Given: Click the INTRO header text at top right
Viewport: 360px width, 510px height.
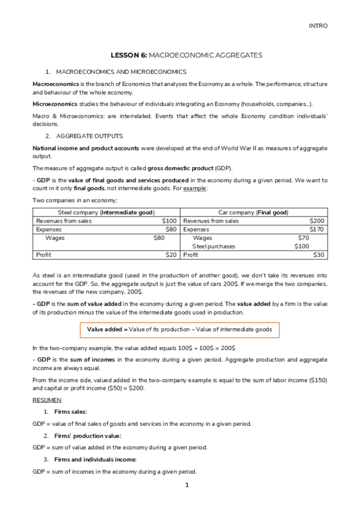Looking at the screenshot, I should pyautogui.click(x=319, y=26).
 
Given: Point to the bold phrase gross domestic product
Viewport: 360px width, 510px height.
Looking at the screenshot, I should pyautogui.click(x=171, y=167).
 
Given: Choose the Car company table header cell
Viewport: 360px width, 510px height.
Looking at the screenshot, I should pyautogui.click(x=253, y=213).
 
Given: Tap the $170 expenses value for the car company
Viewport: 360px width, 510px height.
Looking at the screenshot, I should pyautogui.click(x=317, y=229).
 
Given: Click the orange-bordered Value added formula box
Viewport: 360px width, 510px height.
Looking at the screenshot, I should pyautogui.click(x=180, y=330).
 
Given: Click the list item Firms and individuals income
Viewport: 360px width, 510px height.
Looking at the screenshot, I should pyautogui.click(x=96, y=459).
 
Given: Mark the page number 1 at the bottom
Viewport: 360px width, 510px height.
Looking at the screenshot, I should pyautogui.click(x=187, y=485).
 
